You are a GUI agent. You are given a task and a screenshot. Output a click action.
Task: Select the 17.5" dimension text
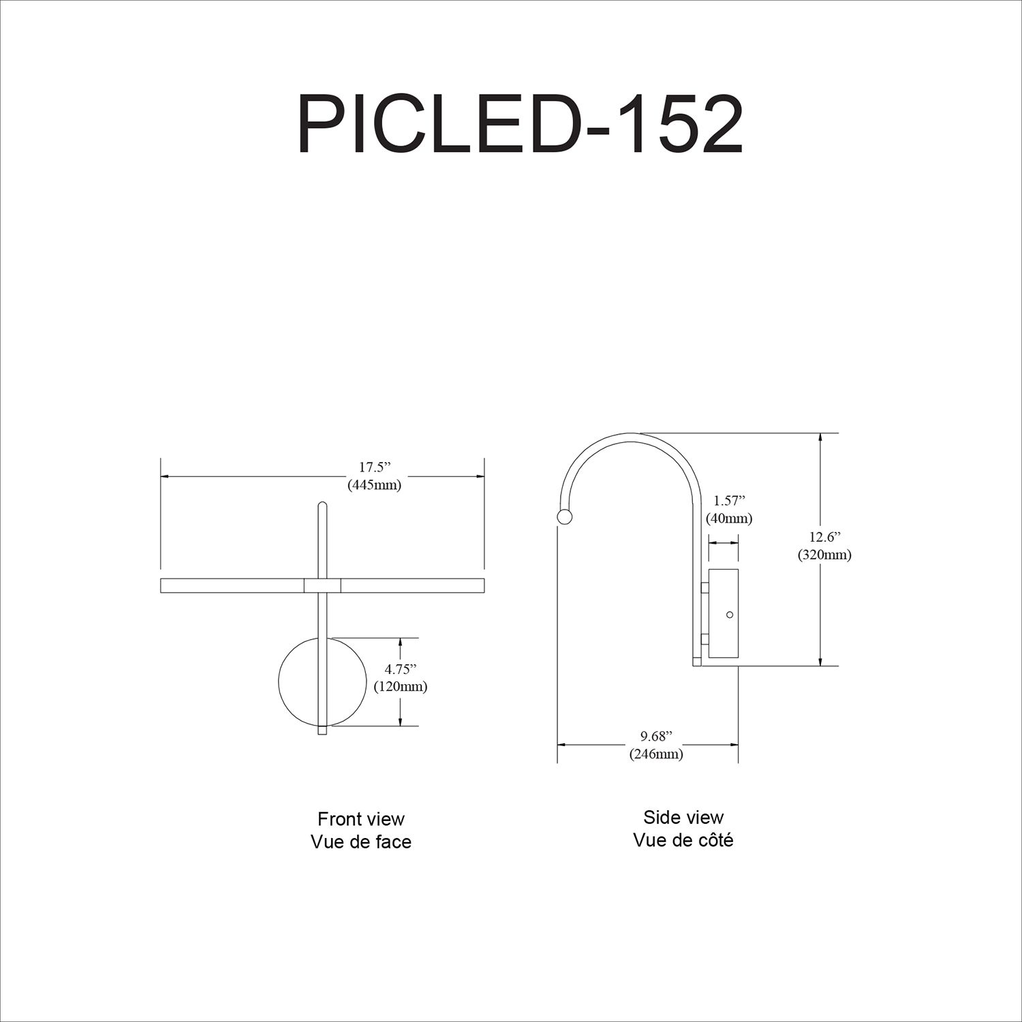point(374,467)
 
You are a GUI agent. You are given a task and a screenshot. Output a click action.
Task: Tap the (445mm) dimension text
point(374,485)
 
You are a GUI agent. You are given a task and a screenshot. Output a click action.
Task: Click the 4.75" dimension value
point(400,668)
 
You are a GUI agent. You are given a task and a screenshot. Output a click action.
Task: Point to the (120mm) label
point(401,686)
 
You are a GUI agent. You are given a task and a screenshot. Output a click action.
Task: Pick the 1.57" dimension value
point(729,501)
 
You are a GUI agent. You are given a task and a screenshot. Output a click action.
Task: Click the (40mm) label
point(729,518)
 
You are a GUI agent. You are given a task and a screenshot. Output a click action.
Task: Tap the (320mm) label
point(825,555)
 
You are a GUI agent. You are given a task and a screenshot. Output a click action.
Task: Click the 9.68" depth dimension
point(655,736)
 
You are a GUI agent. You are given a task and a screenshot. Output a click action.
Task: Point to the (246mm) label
point(655,754)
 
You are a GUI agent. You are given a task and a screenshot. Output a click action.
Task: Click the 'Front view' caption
point(361,819)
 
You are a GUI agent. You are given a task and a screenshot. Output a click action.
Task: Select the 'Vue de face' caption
point(361,842)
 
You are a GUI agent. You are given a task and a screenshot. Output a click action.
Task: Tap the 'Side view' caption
point(683,817)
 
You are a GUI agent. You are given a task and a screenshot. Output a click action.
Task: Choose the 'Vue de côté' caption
point(683,840)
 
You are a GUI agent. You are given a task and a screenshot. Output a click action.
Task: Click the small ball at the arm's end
point(565,517)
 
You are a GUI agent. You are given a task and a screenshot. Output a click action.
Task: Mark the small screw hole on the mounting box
point(730,615)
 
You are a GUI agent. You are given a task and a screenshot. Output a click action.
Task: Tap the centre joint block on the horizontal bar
point(322,585)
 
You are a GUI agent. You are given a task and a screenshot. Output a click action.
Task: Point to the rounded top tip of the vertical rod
point(322,505)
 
